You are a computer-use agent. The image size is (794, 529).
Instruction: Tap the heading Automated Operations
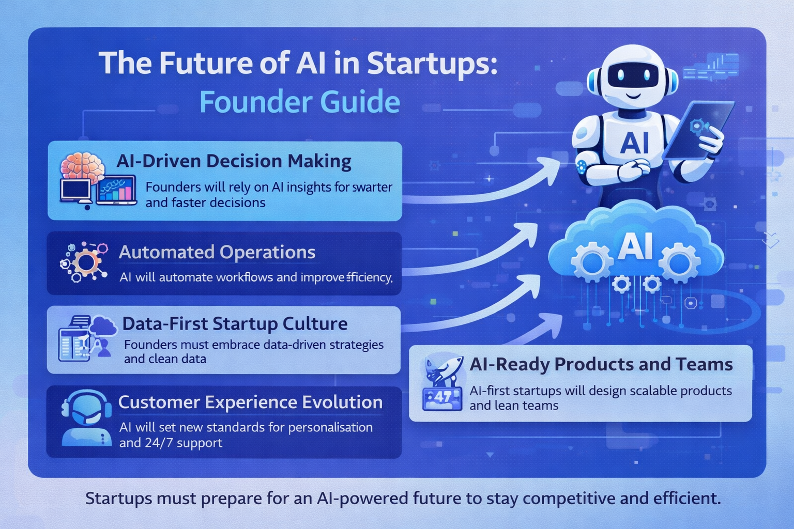pyautogui.click(x=217, y=253)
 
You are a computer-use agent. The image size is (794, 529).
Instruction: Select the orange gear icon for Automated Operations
pyautogui.click(x=86, y=263)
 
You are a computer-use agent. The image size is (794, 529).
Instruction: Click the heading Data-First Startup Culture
pyautogui.click(x=235, y=324)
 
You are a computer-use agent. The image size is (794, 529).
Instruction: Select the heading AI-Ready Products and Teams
pyautogui.click(x=601, y=365)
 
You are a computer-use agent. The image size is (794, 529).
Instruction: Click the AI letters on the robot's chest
pyautogui.click(x=634, y=143)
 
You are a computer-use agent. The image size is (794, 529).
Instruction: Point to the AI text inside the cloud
pyautogui.click(x=635, y=246)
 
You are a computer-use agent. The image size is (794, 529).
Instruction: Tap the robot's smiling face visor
pyautogui.click(x=632, y=78)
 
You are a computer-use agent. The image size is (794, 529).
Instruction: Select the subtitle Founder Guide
pyautogui.click(x=299, y=102)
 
